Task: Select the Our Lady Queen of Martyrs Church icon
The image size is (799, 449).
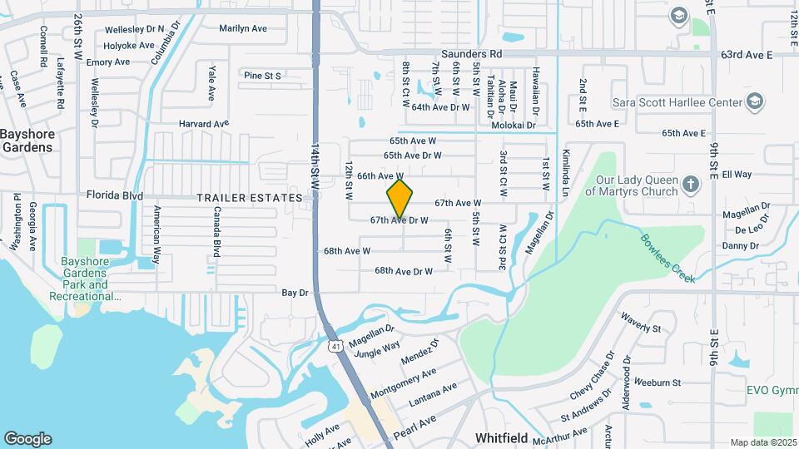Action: point(690,183)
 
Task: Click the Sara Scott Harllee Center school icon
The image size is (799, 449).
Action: point(754,101)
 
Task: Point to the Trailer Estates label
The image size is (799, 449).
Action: point(249,198)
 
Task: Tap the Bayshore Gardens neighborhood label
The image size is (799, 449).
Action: point(27,141)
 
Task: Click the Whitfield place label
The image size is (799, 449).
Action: point(503,437)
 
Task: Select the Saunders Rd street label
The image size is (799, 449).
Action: point(472,54)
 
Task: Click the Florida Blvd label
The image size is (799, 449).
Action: point(115,195)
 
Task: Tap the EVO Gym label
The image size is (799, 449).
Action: point(772,390)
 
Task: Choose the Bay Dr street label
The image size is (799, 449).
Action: point(295,293)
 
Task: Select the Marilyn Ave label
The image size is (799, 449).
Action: point(243,28)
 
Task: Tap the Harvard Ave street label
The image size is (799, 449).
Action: point(203,124)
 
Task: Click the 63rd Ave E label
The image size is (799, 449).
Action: point(747,54)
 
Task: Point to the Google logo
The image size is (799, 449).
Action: point(27,439)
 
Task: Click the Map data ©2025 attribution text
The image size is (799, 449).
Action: point(762,442)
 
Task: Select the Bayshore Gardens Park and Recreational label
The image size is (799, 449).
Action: point(86,279)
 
